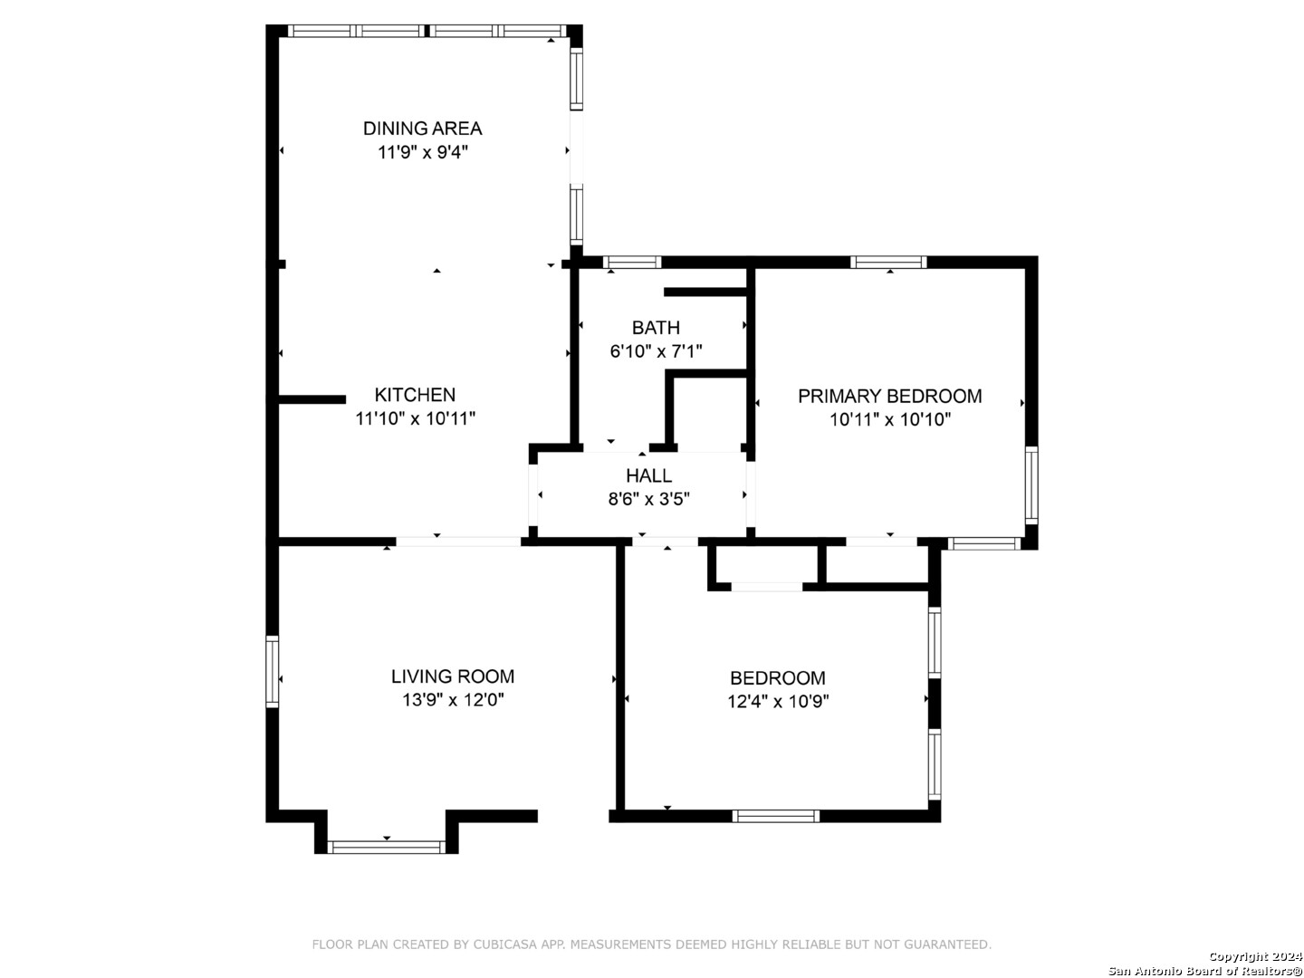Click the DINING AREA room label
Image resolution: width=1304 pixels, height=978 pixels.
[x=422, y=129]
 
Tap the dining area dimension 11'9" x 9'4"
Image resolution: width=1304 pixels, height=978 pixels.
[x=422, y=153]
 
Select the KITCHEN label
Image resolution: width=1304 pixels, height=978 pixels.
[x=415, y=394]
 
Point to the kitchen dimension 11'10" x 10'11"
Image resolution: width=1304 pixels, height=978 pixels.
[x=416, y=418]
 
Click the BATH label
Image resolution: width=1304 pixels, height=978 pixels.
[x=656, y=327]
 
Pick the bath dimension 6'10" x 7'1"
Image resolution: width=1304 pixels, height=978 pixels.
[x=656, y=351]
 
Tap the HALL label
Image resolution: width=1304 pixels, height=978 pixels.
[x=648, y=475]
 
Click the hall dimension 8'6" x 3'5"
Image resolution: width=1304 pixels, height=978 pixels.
[x=648, y=499]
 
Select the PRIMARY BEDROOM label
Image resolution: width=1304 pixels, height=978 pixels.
[x=889, y=396]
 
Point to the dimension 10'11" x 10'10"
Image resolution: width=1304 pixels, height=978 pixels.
[x=890, y=420]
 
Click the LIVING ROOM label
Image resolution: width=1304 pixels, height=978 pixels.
[x=453, y=676]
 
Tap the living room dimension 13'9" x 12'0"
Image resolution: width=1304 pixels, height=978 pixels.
[x=453, y=700]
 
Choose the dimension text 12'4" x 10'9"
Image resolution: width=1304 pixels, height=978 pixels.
[x=778, y=701]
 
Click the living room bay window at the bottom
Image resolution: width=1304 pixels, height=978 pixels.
[x=386, y=847]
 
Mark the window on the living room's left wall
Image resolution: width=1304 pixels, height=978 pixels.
[x=272, y=671]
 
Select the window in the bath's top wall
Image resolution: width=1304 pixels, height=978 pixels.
[x=632, y=262]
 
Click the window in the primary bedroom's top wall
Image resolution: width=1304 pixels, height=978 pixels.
[x=888, y=262]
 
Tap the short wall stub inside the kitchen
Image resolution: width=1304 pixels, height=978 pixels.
[x=312, y=399]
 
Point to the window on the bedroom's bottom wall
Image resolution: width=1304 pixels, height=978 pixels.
[x=775, y=816]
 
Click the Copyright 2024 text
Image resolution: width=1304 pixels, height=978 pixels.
[x=1254, y=956]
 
